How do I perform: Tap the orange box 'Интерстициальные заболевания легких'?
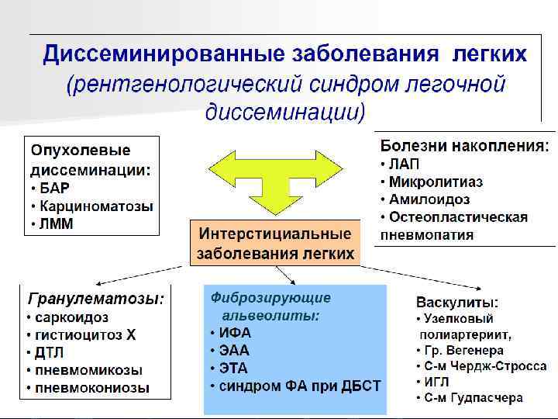pos(275,243)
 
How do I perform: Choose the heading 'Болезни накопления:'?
pos(466,145)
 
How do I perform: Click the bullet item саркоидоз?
pos(71,317)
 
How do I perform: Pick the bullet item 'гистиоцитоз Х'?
pos(86,335)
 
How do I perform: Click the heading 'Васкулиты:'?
pos(457,302)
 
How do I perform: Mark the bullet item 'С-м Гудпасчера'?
pos(473,398)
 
